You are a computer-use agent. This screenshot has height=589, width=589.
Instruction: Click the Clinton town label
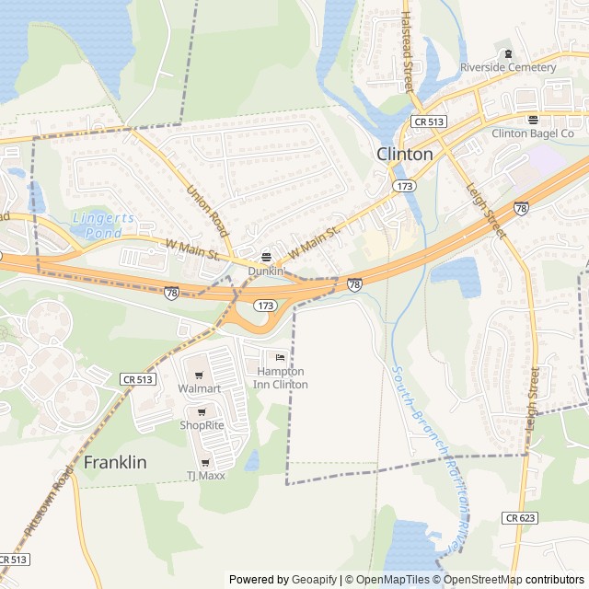coord(405,155)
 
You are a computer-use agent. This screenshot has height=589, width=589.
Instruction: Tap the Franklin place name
coord(115,463)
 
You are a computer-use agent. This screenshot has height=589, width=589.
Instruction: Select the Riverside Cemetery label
coord(508,67)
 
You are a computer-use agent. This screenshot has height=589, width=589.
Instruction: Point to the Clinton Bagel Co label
coord(533,133)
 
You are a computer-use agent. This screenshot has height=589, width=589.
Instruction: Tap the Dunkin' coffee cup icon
coord(267,257)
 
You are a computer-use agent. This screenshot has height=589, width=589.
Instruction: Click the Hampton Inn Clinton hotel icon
coord(281,357)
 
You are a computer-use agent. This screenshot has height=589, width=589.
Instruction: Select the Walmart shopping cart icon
coord(199,375)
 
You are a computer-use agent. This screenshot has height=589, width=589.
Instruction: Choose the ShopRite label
coord(202,425)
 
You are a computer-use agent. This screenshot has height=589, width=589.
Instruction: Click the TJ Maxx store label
coord(205,475)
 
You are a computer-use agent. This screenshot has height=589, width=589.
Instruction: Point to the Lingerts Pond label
coord(103,225)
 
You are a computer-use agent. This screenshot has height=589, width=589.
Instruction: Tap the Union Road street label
coord(207,211)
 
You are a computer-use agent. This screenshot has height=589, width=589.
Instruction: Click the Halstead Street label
coord(406,52)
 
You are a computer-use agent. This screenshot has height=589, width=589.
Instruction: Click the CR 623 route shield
coord(519,518)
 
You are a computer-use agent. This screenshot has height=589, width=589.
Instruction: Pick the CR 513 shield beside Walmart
coord(137,379)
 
